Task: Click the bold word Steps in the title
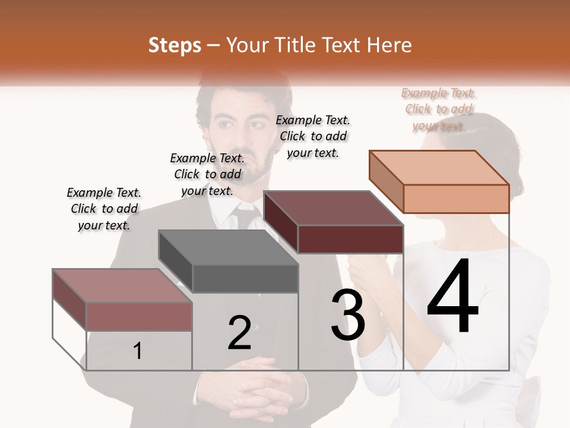(175, 45)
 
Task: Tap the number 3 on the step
(348, 316)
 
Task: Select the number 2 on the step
(239, 333)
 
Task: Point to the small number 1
(137, 351)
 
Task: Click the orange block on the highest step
(439, 181)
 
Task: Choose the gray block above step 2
(229, 262)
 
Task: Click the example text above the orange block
(438, 109)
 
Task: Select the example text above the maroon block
(313, 136)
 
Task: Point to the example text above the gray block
(207, 174)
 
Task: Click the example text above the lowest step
(104, 209)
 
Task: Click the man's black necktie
(244, 216)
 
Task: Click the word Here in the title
(388, 45)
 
